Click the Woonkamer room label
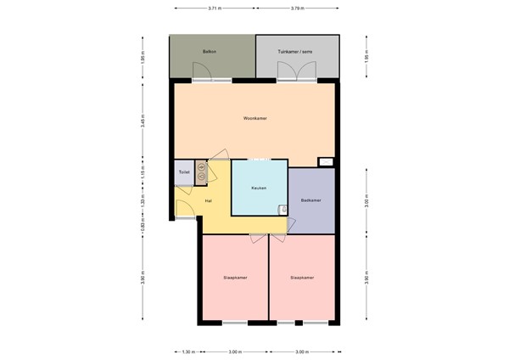pyautogui.click(x=255, y=118)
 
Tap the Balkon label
pyautogui.click(x=207, y=53)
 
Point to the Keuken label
pyautogui.click(x=260, y=188)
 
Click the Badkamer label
pyautogui.click(x=310, y=200)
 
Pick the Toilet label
pyautogui.click(x=183, y=172)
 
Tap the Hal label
pyautogui.click(x=209, y=200)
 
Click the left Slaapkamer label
pyautogui.click(x=235, y=277)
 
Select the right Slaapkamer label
pyautogui.click(x=302, y=277)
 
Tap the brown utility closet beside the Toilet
pyautogui.click(x=201, y=172)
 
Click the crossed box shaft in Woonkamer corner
pyautogui.click(x=326, y=161)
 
